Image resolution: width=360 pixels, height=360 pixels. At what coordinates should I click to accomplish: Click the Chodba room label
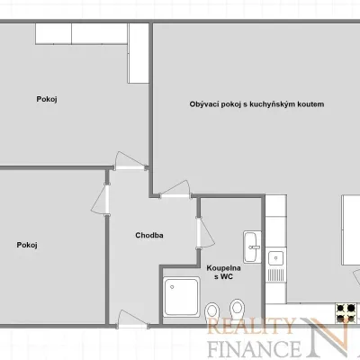(149, 235)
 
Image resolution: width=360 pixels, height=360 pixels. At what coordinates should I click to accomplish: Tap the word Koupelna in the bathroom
(223, 268)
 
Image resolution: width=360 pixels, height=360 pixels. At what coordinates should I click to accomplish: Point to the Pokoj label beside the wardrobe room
(47, 99)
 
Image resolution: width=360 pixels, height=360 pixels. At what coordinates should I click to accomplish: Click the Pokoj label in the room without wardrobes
(27, 245)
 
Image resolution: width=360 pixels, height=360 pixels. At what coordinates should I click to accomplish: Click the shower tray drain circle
(172, 287)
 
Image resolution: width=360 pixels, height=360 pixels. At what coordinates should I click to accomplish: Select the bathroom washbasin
(252, 247)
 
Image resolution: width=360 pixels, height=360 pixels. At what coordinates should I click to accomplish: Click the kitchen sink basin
(275, 258)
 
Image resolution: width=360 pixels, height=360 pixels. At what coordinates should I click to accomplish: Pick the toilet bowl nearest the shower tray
(212, 311)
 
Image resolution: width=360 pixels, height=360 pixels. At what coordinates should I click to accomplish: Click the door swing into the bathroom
(205, 233)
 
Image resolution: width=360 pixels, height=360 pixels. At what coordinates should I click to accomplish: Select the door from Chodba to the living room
(175, 189)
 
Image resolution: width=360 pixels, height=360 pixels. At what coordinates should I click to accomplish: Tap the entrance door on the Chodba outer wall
(132, 319)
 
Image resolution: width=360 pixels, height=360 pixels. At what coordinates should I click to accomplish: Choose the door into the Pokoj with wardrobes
(130, 161)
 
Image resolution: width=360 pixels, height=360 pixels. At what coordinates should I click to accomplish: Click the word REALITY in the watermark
(250, 326)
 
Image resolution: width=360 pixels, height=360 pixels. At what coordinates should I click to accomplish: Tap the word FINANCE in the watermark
(255, 348)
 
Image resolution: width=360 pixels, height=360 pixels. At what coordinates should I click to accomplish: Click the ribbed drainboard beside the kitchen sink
(275, 274)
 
